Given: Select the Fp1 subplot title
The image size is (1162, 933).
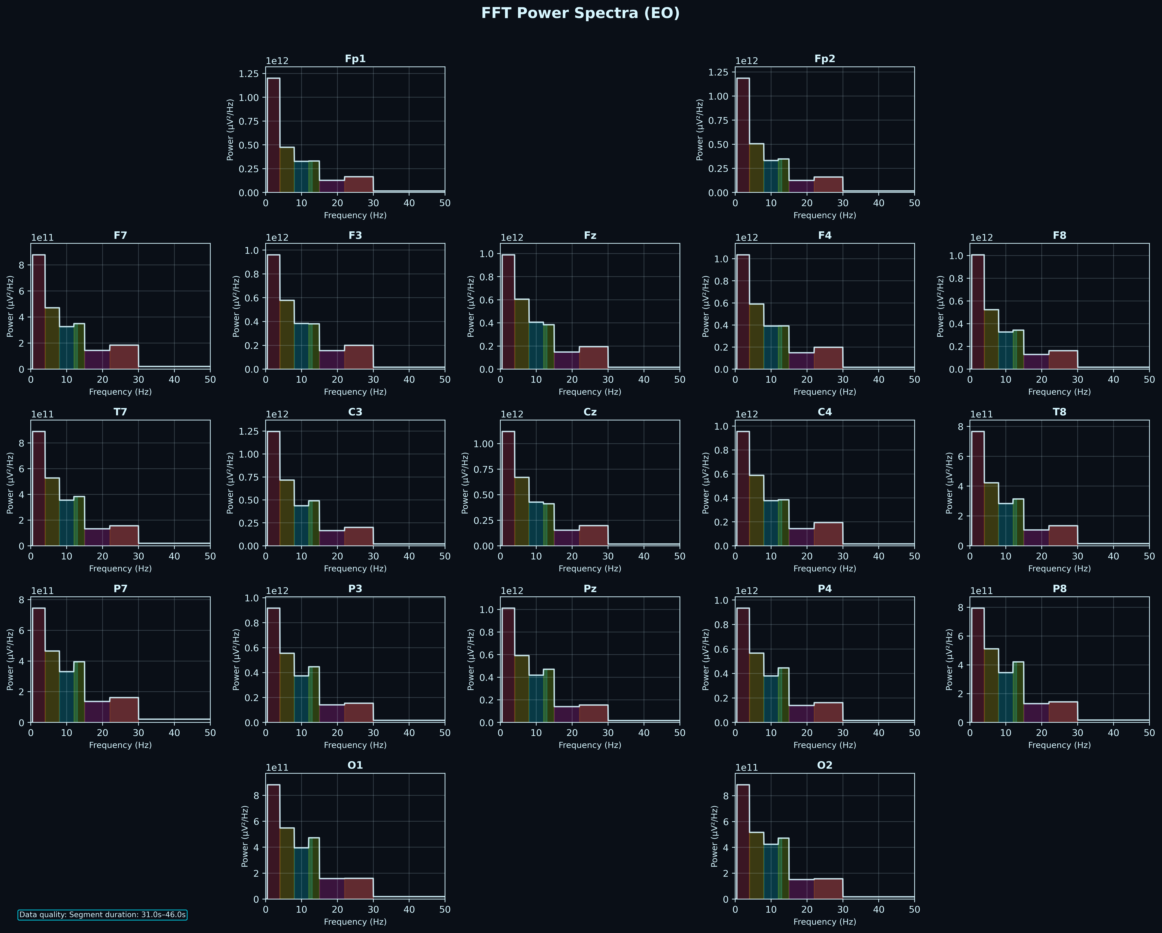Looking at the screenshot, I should pos(355,59).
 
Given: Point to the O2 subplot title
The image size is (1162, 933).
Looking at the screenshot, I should pos(825,765).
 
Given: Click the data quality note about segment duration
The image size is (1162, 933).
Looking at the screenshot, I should pos(102,915).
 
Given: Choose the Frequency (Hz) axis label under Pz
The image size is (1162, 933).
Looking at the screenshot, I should pos(590,745).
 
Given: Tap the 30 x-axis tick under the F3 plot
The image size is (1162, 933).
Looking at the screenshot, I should pos(373,379).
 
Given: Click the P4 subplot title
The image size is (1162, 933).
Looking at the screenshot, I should pos(825,589).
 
